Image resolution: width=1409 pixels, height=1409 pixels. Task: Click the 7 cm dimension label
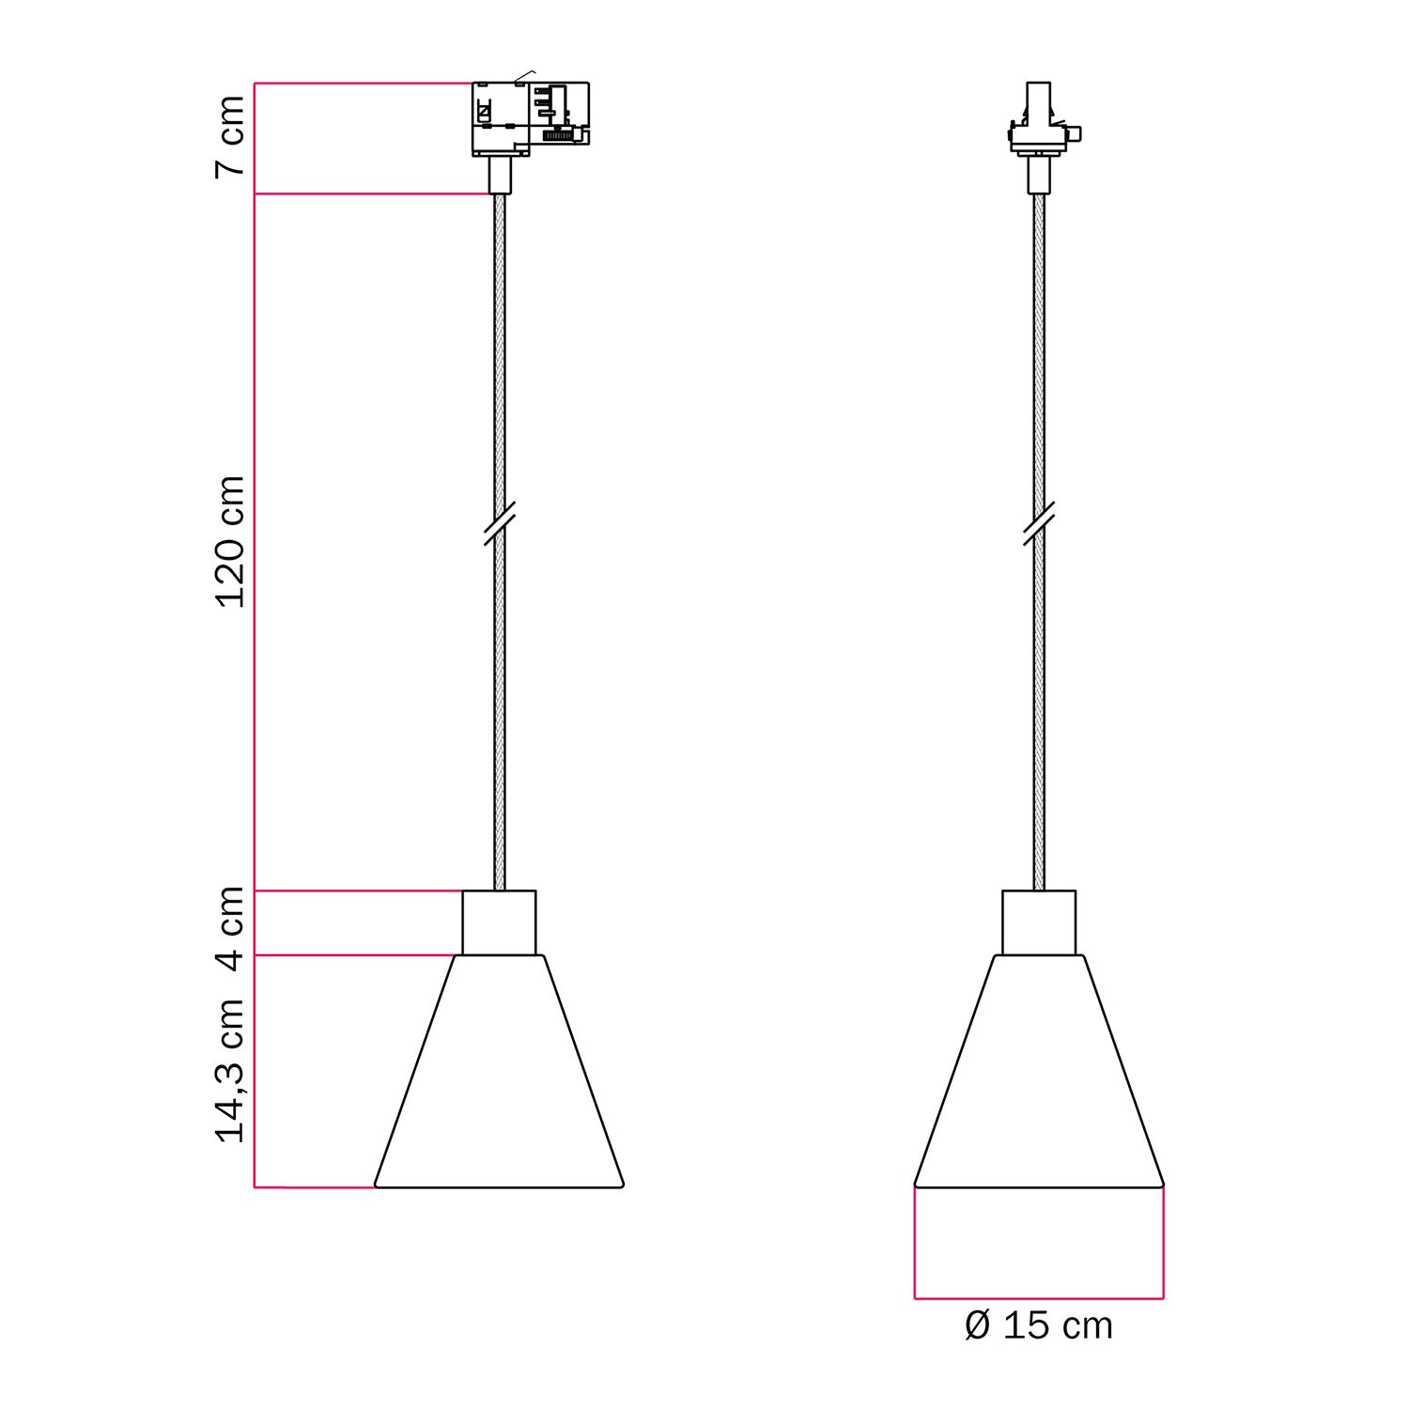pyautogui.click(x=230, y=136)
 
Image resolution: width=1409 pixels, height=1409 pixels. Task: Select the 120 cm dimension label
pyautogui.click(x=230, y=542)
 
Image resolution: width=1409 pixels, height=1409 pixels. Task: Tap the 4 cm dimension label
pyautogui.click(x=230, y=924)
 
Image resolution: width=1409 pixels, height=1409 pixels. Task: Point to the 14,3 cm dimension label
pyautogui.click(x=230, y=1071)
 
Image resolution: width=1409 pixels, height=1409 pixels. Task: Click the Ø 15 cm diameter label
pyautogui.click(x=1039, y=1326)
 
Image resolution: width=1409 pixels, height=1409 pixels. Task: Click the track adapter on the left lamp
pyautogui.click(x=530, y=118)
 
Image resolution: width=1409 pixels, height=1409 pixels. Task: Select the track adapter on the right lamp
pyautogui.click(x=1040, y=122)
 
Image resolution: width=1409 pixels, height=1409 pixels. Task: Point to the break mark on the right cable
pyautogui.click(x=1039, y=523)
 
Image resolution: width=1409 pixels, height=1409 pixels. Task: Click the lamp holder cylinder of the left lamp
pyautogui.click(x=499, y=922)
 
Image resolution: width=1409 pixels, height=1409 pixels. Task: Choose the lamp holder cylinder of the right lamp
pyautogui.click(x=1039, y=922)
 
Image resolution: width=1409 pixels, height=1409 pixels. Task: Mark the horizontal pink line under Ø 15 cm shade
pyautogui.click(x=1039, y=1299)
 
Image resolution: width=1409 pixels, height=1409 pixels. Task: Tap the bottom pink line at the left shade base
pyautogui.click(x=315, y=1187)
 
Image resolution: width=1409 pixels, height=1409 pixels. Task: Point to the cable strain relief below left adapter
pyautogui.click(x=500, y=175)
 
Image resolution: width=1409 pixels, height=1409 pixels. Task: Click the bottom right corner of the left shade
pyautogui.click(x=622, y=1184)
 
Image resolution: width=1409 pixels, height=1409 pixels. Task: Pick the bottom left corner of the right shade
pyautogui.click(x=916, y=1184)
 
